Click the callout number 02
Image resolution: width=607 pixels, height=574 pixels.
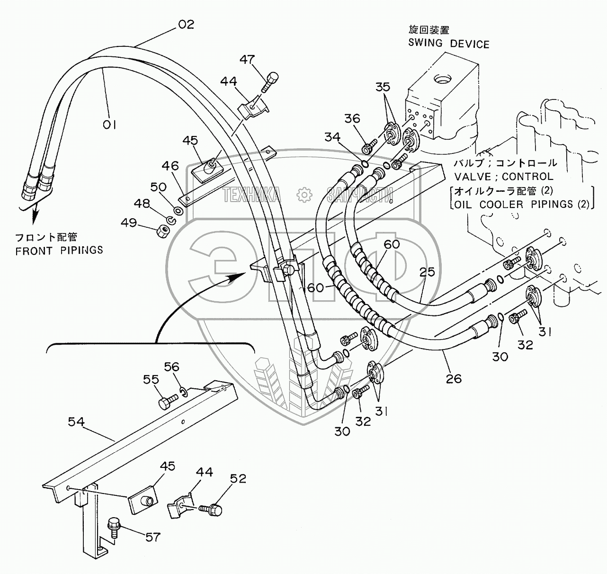[x=186, y=24]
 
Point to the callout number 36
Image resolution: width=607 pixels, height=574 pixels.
[x=352, y=118]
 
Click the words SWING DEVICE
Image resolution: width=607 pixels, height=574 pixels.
[x=449, y=44]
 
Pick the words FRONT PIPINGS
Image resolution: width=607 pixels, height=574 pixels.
[x=59, y=251]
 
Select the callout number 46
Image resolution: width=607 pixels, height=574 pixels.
[x=170, y=166]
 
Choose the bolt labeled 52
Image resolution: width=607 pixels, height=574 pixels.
[x=213, y=510]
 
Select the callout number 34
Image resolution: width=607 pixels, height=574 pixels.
[x=332, y=137]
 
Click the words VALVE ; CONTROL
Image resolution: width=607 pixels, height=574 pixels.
[x=503, y=177]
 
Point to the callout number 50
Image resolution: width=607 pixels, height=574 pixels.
[x=159, y=187]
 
